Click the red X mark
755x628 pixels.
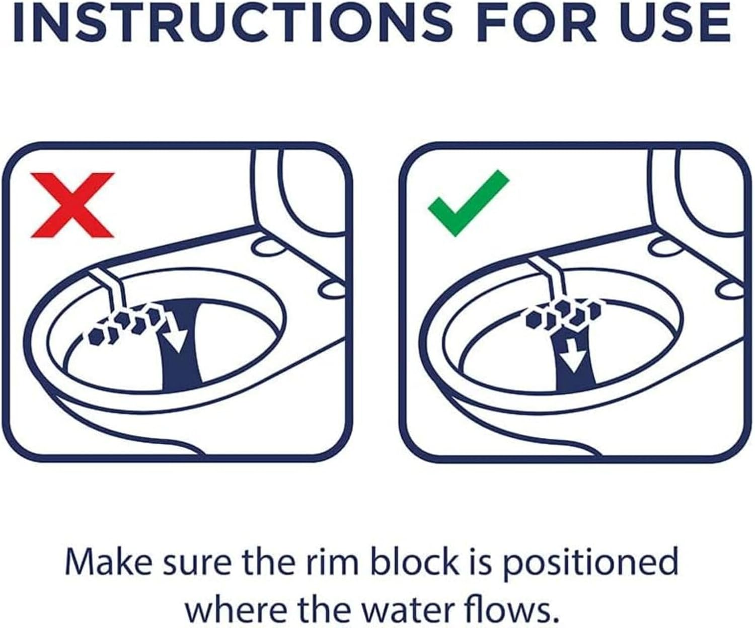72,205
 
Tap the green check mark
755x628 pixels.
469,203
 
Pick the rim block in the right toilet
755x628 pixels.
562,315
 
